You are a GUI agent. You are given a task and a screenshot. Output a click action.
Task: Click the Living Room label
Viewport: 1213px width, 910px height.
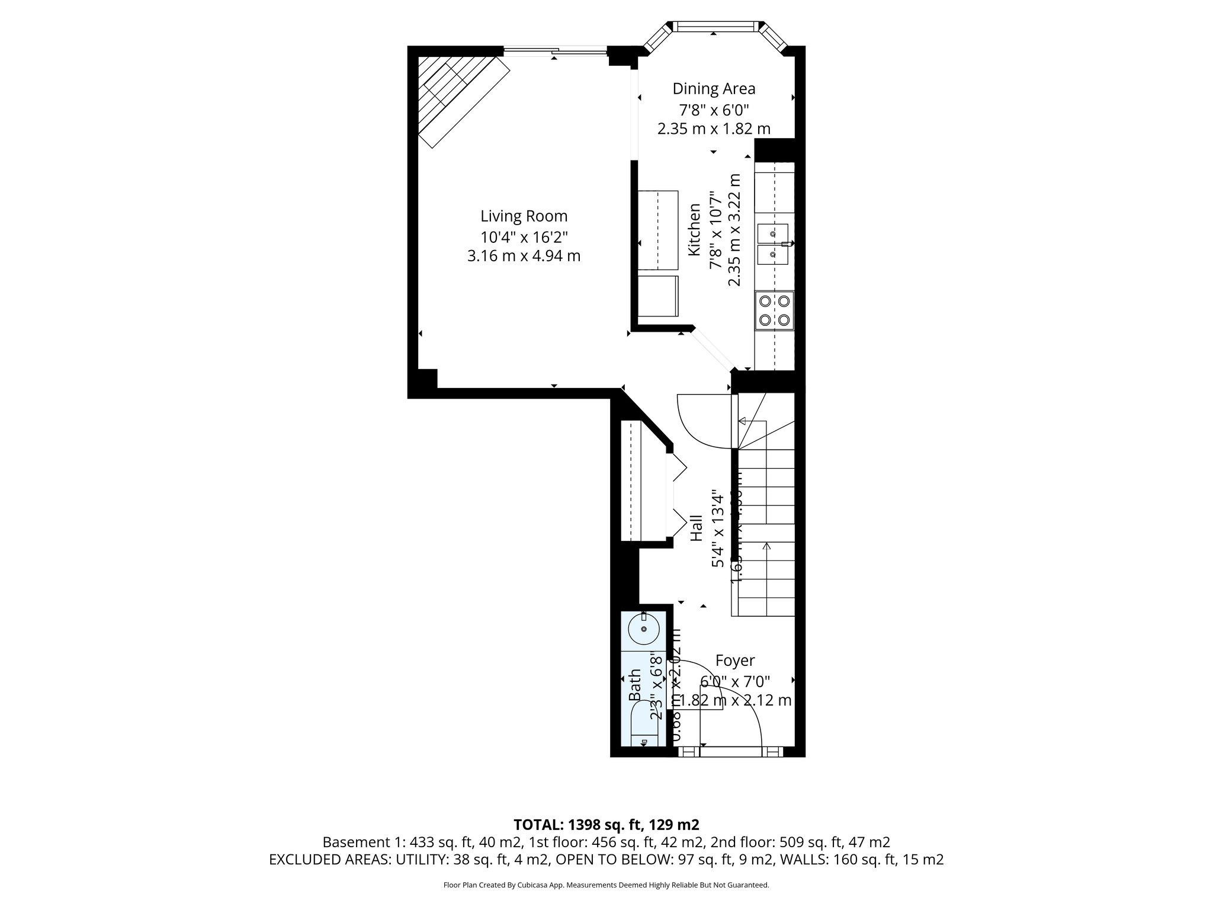524,216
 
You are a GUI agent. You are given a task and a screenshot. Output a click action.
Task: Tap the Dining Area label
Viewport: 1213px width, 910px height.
714,89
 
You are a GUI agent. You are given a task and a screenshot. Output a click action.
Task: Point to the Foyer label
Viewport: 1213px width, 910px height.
735,661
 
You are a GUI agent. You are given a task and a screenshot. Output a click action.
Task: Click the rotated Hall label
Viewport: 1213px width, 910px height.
697,527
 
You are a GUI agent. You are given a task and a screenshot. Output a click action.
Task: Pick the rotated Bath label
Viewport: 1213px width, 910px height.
635,685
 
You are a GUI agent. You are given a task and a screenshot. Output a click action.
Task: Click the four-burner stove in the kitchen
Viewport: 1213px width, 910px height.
774,310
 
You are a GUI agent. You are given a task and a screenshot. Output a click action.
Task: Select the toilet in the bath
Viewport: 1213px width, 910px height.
644,733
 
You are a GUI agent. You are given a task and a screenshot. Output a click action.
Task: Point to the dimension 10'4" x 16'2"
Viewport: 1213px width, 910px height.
524,238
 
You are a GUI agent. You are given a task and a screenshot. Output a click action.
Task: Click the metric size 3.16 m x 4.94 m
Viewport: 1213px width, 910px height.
524,257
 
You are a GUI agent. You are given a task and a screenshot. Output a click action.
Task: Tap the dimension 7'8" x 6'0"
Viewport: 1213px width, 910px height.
714,110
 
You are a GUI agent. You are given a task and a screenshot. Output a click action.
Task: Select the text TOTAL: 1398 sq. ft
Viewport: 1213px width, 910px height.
606,825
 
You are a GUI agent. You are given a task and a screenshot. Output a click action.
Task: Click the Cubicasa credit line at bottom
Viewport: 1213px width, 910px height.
606,885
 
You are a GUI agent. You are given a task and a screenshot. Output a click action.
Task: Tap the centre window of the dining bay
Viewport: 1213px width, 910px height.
717,26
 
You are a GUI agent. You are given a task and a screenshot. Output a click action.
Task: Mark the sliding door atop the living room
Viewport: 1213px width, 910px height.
556,52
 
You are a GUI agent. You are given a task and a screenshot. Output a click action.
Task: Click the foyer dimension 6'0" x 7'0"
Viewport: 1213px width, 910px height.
735,681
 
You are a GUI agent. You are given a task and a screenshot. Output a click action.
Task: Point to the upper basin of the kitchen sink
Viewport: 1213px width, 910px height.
772,234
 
